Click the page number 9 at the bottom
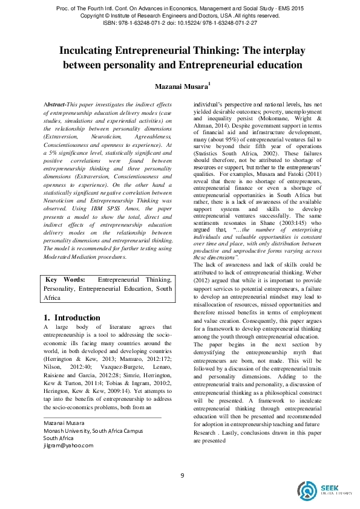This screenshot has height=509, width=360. pyautogui.click(x=182, y=475)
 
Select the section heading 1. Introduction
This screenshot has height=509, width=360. pyautogui.click(x=72, y=318)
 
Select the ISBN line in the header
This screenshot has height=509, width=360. pyautogui.click(x=179, y=23)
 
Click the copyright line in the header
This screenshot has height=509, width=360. pyautogui.click(x=179, y=15)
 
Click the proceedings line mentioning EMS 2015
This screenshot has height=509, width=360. pyautogui.click(x=179, y=7)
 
